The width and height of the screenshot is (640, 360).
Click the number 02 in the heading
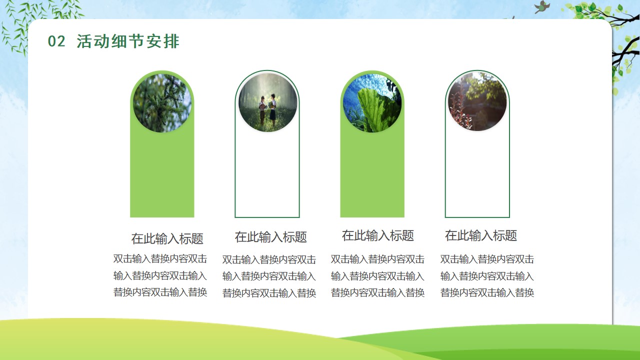56,41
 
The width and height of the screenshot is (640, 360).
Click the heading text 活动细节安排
127,41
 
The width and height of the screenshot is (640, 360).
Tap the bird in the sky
542,7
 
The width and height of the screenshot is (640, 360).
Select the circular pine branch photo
162,103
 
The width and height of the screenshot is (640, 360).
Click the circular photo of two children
267,102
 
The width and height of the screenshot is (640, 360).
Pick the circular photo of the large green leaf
372,103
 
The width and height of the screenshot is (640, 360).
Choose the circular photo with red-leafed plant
477,101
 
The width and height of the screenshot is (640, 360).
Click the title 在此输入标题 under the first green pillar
167,238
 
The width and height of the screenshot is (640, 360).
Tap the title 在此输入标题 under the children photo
271,237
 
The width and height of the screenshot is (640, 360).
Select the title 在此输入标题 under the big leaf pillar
377,235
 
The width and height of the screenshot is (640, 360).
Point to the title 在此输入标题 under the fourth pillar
481,235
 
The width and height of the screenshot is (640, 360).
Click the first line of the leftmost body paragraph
160,258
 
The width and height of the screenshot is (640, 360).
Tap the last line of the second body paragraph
269,293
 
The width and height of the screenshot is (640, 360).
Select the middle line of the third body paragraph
377,276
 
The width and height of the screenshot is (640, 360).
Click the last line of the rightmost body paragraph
487,292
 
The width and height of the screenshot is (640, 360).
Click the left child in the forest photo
262,110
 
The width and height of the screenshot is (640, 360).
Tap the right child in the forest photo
273,109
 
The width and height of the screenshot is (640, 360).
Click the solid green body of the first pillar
162,174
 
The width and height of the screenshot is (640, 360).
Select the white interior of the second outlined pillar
267,174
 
